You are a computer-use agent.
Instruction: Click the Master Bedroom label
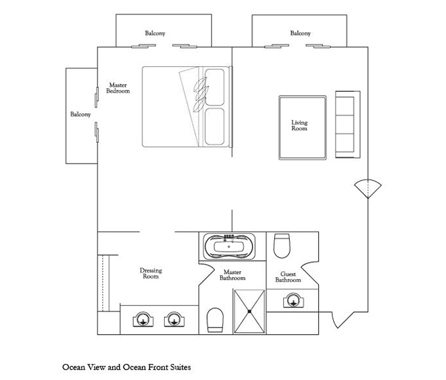point(118,88)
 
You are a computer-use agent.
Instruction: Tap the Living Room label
point(299,125)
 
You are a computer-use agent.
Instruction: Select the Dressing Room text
point(151,273)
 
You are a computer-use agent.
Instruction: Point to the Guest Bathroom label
point(288,277)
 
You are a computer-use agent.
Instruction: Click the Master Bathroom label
point(232,275)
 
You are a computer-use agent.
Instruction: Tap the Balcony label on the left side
point(81,114)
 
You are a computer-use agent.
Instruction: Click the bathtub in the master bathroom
point(230,246)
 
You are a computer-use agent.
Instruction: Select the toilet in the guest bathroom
point(281,246)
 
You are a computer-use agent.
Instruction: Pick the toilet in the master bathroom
point(215,320)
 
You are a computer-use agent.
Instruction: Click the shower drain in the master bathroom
point(249,311)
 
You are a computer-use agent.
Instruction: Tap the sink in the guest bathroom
point(294,301)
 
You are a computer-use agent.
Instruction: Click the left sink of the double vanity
point(144,320)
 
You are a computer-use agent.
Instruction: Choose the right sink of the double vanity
point(174,320)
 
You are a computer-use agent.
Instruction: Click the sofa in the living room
point(348,124)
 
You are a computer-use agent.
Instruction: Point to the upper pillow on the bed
point(214,87)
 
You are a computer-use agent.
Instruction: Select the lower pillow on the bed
point(214,126)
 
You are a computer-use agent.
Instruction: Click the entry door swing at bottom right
point(343,320)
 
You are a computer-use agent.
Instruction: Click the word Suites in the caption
point(180,367)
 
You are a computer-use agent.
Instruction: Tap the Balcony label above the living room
point(300,33)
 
